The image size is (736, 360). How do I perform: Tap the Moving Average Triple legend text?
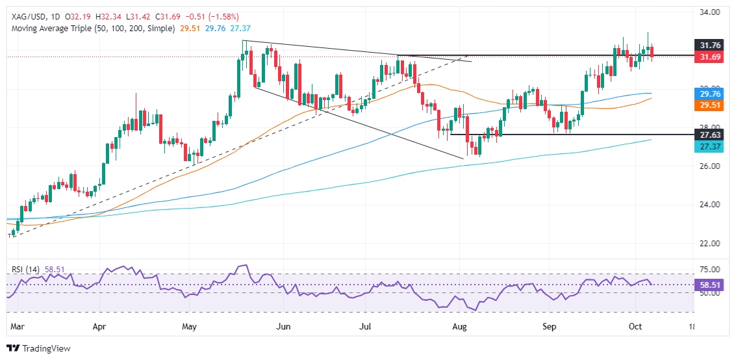point(90,29)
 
